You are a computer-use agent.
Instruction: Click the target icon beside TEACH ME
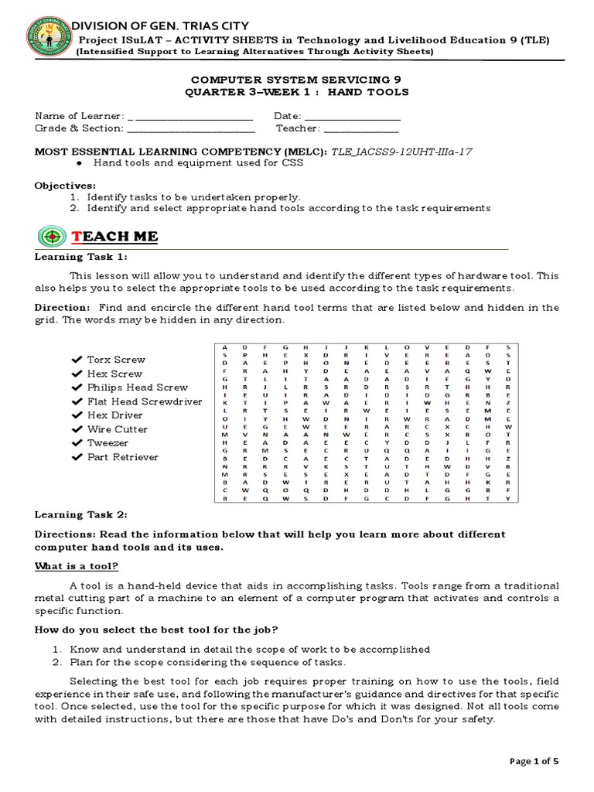[x=51, y=237]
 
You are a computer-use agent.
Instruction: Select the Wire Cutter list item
[x=117, y=429]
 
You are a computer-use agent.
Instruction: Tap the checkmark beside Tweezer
[x=76, y=443]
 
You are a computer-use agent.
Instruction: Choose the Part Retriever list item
[x=122, y=457]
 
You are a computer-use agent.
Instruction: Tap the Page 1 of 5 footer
[x=534, y=761]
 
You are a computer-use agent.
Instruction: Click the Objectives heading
[x=66, y=186]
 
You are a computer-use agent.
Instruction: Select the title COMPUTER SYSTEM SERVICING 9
[x=295, y=80]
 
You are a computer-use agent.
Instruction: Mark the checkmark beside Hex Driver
[x=76, y=415]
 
